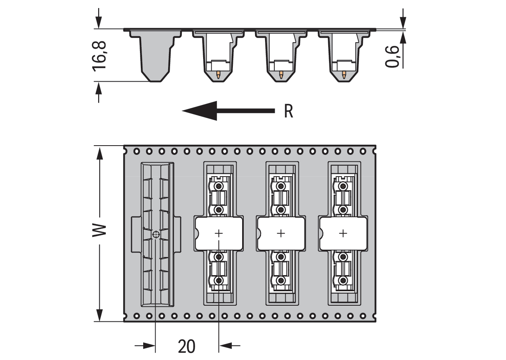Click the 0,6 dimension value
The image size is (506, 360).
(x=393, y=56)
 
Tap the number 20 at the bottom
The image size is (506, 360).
(x=186, y=346)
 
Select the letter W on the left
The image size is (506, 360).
(x=99, y=230)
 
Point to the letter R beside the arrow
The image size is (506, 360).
(x=288, y=111)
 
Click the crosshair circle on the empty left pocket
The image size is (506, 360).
(x=156, y=234)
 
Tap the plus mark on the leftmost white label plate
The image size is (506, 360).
(x=219, y=233)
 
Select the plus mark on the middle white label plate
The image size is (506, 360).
(x=281, y=233)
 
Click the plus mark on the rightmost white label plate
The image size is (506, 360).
(x=343, y=233)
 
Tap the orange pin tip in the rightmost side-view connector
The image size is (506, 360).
(x=344, y=74)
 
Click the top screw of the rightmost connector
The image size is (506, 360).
(x=343, y=186)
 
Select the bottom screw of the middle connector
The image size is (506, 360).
(x=281, y=281)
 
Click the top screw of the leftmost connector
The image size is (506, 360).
(x=219, y=186)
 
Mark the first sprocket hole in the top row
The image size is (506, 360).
(x=137, y=151)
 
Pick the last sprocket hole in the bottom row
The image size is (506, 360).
(x=363, y=315)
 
